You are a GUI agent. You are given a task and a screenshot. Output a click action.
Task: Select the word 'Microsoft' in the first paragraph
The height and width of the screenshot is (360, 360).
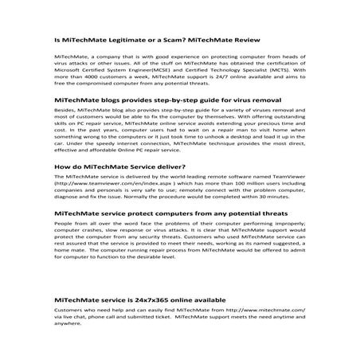(70, 70)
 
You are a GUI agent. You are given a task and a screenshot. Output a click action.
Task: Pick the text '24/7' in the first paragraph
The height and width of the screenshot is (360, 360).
(214, 76)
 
